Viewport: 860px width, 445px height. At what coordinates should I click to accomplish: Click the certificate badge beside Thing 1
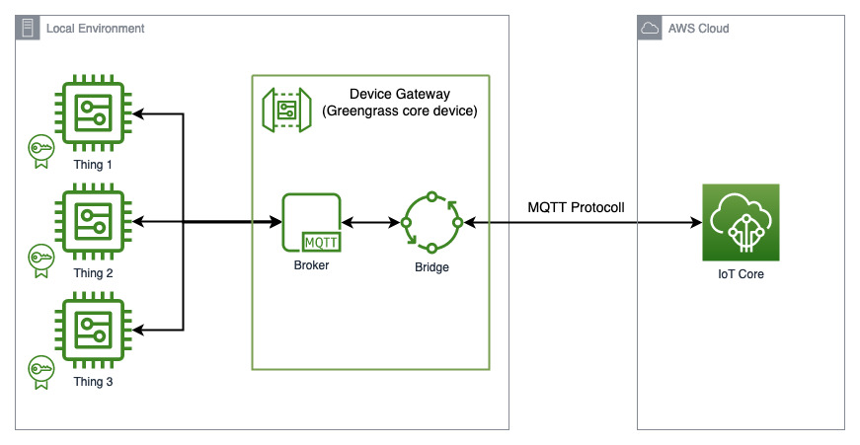coord(40,149)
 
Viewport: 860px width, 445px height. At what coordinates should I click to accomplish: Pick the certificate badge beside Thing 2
coord(40,258)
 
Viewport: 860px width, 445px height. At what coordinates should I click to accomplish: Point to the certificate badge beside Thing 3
coord(40,367)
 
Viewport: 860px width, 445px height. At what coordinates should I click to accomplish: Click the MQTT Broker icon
coord(311,222)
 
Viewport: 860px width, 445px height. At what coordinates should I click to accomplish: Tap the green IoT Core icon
coord(741,222)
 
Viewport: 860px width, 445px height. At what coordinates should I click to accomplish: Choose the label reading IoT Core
coord(741,274)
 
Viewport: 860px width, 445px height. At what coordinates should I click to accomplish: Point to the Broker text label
coord(311,265)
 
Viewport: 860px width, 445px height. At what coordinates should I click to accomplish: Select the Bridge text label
coord(431,266)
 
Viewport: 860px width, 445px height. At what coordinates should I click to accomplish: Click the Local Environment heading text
coord(95,29)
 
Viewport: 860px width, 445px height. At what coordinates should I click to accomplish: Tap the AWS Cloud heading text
coord(698,29)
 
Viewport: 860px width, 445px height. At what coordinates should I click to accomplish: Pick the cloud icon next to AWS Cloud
coord(650,29)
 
